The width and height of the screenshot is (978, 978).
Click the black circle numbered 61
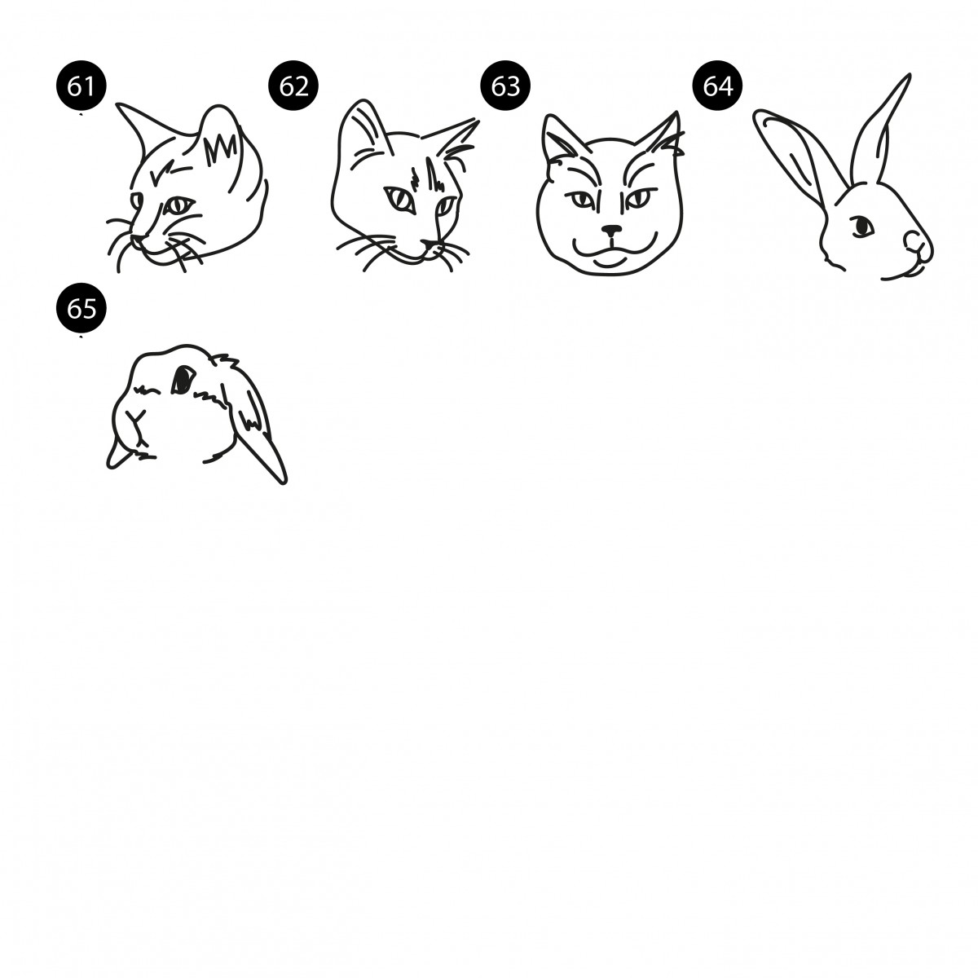(x=81, y=86)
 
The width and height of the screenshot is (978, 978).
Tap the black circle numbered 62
(x=293, y=86)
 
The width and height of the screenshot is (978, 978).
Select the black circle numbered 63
(x=505, y=86)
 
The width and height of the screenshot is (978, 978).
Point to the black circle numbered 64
(x=718, y=86)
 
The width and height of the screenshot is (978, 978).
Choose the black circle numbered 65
(x=81, y=307)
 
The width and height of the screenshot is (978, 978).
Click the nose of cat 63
(x=612, y=231)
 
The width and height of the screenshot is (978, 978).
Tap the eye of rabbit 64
(x=861, y=226)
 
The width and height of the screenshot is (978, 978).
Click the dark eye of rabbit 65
(x=183, y=379)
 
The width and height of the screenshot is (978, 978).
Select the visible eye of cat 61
(x=178, y=205)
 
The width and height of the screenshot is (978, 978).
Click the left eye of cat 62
(x=400, y=200)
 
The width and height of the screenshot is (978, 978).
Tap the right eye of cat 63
(x=639, y=198)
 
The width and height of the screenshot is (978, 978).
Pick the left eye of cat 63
(x=583, y=200)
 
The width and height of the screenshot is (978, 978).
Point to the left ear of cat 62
(x=363, y=130)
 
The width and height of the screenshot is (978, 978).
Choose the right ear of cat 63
(x=660, y=134)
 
